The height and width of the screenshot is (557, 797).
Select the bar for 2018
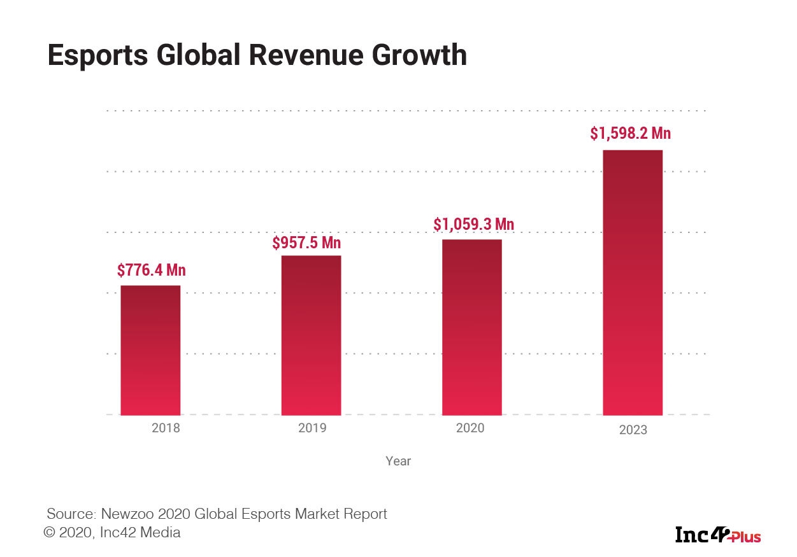150,350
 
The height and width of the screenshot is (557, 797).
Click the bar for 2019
311,335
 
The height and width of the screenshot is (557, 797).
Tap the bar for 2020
471,327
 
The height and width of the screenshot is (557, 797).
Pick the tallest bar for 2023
633,283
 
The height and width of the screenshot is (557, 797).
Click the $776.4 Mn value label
151,271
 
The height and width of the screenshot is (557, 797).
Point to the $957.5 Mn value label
306,243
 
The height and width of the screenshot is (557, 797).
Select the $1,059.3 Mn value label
473,225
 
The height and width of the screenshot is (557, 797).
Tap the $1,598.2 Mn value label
630,134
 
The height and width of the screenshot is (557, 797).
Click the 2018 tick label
166,428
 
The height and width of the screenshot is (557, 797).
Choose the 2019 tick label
312,428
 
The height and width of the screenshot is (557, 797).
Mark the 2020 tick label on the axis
470,428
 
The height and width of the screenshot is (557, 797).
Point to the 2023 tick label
633,430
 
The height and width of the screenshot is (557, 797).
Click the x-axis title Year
398,461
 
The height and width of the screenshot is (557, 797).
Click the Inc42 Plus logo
718,535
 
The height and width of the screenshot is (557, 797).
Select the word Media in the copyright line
162,533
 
